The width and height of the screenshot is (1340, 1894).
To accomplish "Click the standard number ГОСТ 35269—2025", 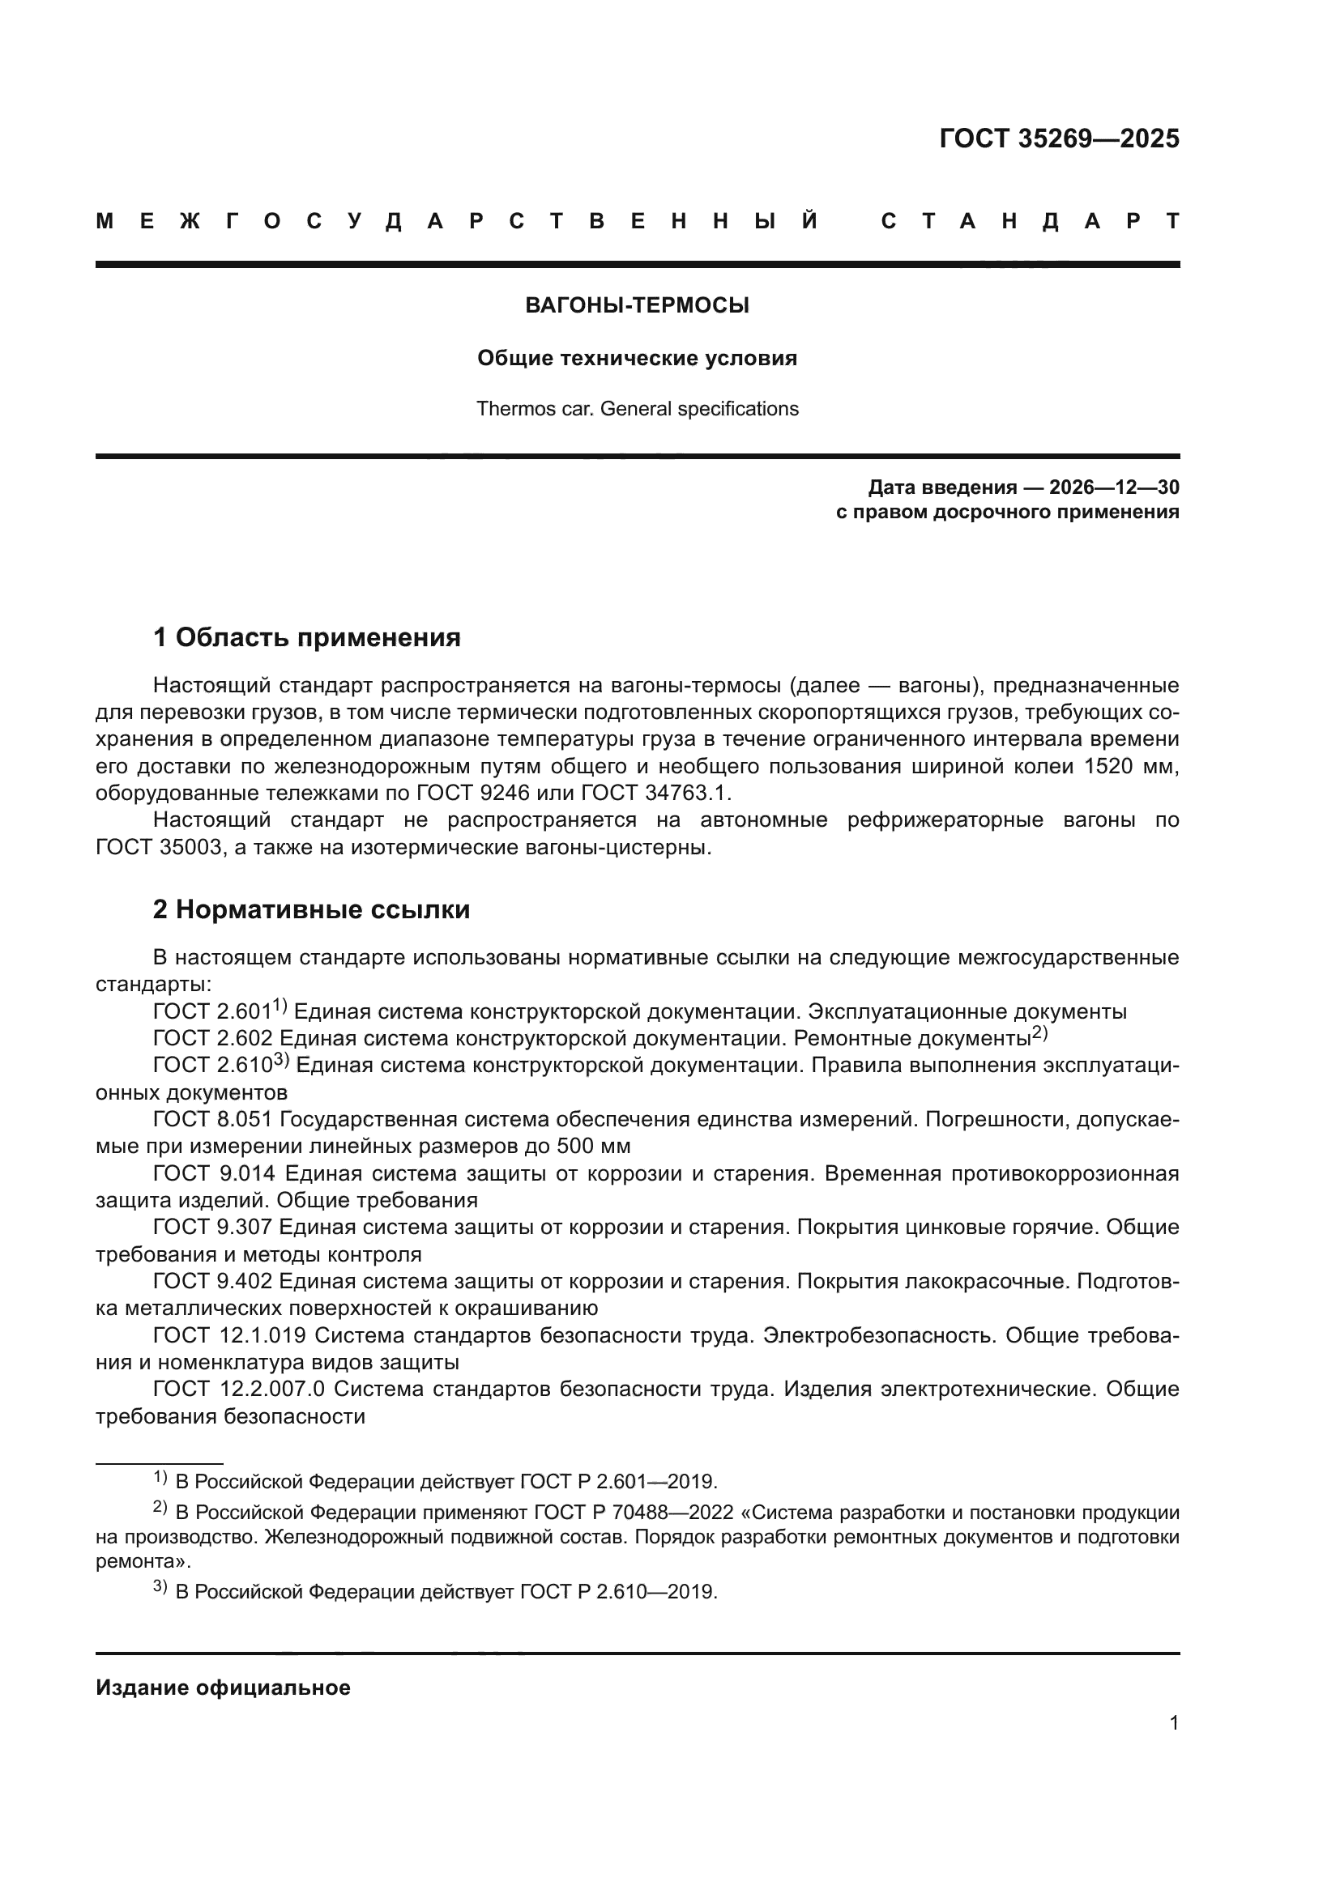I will (1059, 138).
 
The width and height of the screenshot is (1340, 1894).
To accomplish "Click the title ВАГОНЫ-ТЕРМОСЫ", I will (637, 306).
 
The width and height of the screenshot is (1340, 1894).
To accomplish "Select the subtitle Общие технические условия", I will (637, 358).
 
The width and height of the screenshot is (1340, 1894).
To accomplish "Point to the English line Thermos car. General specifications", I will (637, 409).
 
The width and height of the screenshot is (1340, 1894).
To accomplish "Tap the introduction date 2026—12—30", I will (1114, 487).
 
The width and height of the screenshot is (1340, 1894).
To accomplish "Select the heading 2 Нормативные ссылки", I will (311, 909).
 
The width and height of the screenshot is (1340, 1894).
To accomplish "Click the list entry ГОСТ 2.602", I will (213, 1039).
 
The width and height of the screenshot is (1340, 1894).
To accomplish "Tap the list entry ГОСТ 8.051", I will (213, 1119).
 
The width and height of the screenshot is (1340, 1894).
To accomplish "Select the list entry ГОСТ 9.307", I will (213, 1227).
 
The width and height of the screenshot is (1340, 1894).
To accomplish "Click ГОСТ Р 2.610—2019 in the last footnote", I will (618, 1592).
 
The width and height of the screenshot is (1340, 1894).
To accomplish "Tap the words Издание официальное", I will (223, 1688).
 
